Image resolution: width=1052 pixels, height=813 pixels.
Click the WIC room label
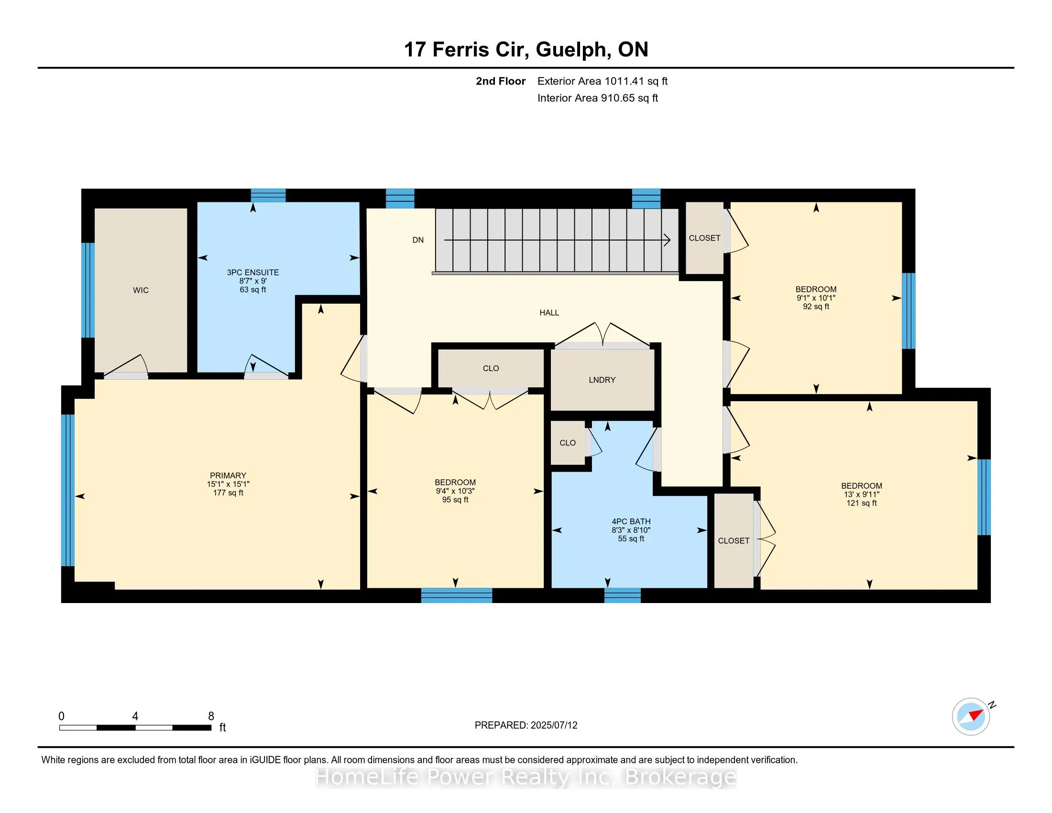[x=141, y=290]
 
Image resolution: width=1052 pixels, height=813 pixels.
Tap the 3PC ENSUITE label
[x=253, y=273]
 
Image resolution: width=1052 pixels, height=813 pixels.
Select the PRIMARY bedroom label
[x=228, y=475]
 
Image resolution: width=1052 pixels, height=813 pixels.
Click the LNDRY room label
[x=602, y=380]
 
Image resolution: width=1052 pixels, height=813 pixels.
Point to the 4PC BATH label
[x=631, y=522]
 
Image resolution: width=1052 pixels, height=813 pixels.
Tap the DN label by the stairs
[x=417, y=241]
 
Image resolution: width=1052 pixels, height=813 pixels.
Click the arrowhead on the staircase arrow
[x=668, y=240]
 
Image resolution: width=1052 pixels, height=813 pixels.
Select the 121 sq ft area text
[x=861, y=503]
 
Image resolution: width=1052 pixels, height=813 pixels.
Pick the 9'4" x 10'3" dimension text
[x=455, y=491]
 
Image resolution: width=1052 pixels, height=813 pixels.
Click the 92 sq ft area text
[x=815, y=307]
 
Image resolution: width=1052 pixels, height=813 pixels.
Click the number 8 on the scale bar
[x=210, y=716]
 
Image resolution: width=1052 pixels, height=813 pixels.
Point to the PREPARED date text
[x=526, y=725]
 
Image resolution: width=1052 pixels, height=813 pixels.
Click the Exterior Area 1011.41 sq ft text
[x=602, y=81]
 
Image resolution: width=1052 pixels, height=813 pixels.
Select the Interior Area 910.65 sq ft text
[x=597, y=98]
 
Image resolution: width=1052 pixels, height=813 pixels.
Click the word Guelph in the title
[x=571, y=50]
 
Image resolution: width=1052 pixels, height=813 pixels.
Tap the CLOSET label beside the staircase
[x=704, y=239]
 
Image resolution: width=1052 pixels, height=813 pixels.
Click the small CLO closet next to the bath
[x=568, y=443]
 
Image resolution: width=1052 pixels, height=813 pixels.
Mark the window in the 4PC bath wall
[x=622, y=596]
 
